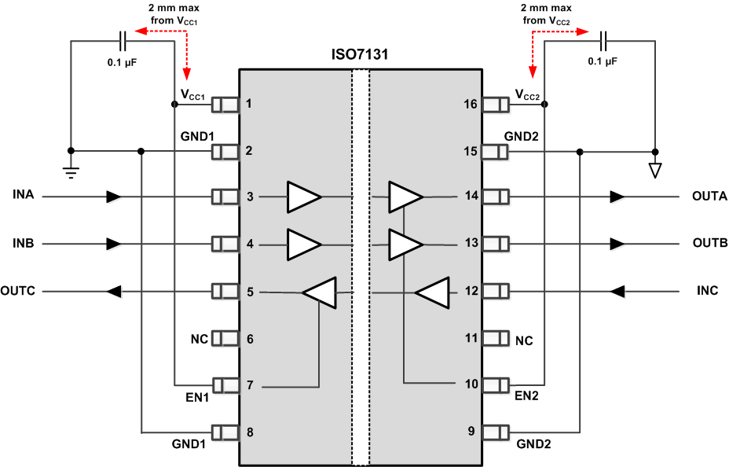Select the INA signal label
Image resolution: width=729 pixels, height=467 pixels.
(x=24, y=195)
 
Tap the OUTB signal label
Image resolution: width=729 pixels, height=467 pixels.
(x=709, y=243)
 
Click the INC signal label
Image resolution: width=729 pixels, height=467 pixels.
(x=707, y=291)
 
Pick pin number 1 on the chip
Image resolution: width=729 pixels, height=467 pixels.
(x=249, y=103)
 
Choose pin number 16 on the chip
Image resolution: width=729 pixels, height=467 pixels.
(x=471, y=103)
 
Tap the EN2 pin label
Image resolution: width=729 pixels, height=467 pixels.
(x=527, y=399)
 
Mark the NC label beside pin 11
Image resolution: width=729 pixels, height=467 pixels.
(x=523, y=340)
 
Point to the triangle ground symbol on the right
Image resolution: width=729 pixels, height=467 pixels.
(x=655, y=169)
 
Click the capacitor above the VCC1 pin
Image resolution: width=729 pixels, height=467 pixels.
(x=123, y=40)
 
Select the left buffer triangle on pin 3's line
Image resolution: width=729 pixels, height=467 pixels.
(x=303, y=197)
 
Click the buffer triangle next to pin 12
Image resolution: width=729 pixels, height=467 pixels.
(x=431, y=293)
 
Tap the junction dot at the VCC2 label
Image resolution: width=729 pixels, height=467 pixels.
(x=544, y=104)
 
